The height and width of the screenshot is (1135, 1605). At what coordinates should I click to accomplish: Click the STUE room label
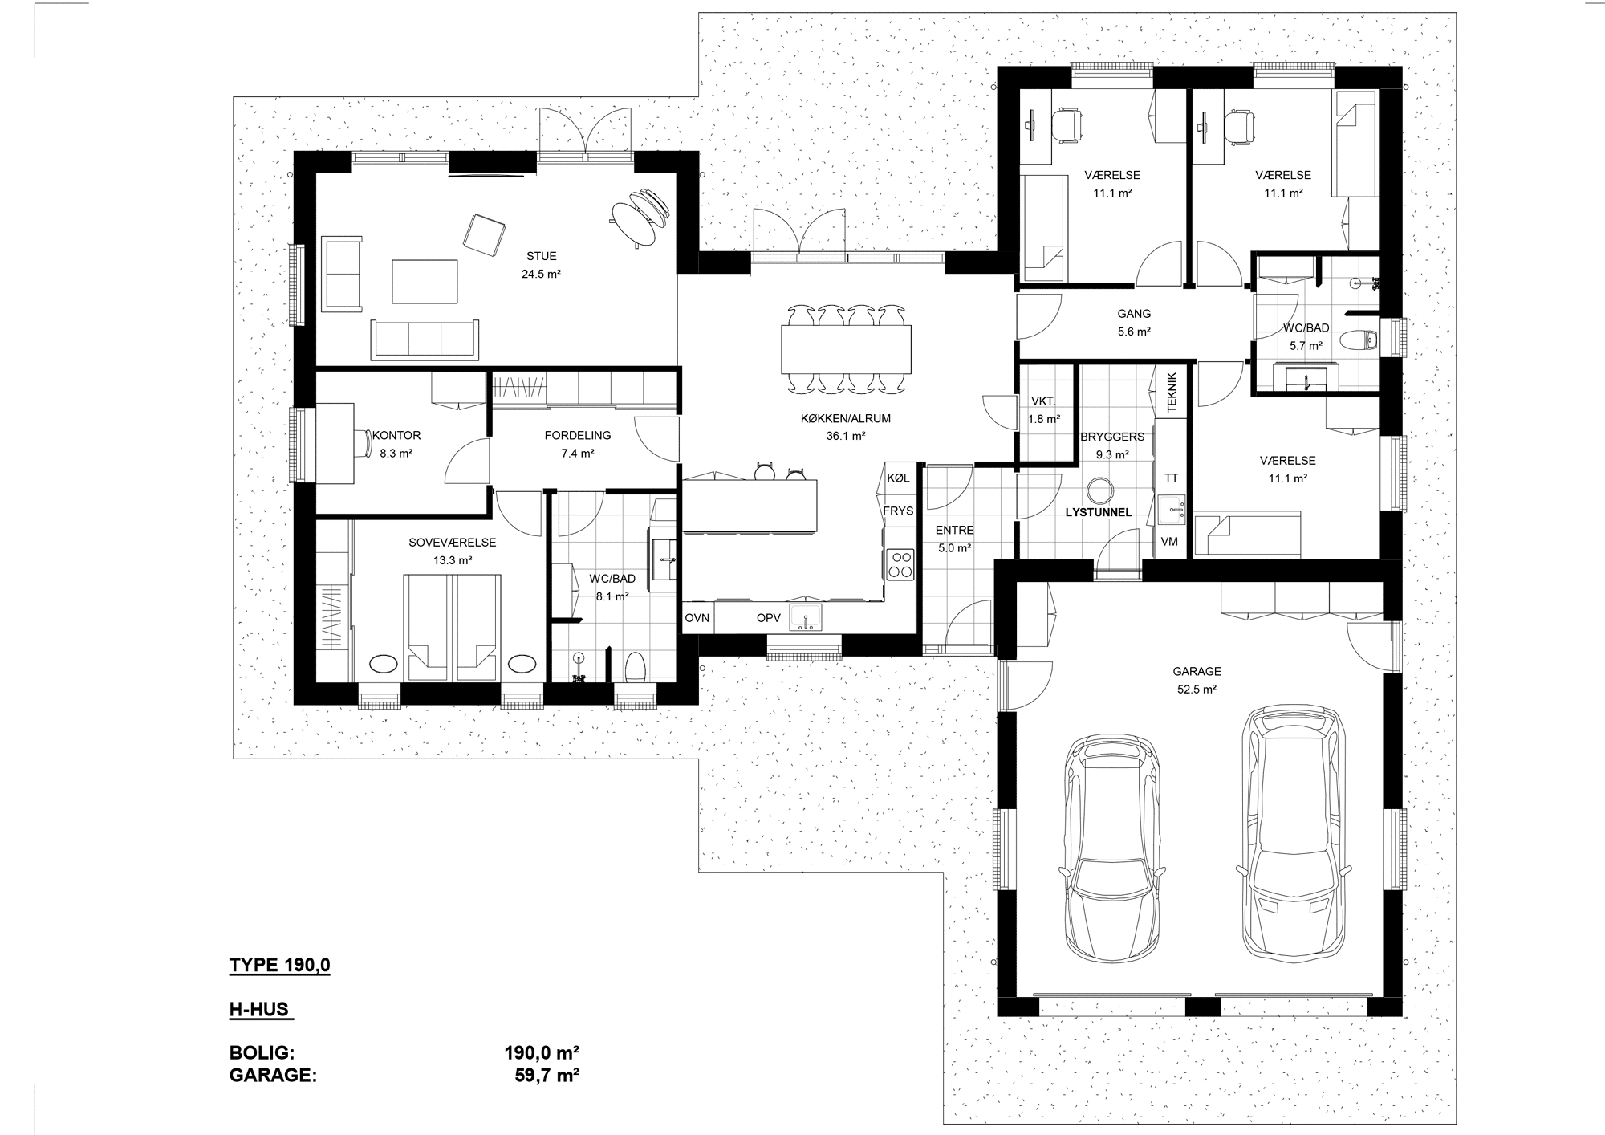[542, 257]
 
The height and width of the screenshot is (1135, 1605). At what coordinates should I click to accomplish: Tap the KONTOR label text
[396, 436]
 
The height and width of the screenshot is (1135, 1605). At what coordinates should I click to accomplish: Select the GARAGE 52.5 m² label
[1197, 680]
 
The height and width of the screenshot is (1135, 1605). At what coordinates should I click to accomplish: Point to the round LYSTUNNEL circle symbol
[1098, 490]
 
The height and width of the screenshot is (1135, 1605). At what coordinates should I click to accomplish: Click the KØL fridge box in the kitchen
[899, 478]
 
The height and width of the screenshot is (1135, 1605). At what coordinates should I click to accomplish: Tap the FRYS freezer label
[898, 511]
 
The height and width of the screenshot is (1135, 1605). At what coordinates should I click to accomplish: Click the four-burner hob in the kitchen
[900, 563]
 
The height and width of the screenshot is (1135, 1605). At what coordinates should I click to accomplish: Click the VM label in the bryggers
[1169, 542]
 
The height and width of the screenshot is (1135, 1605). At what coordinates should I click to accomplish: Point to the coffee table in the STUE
[425, 281]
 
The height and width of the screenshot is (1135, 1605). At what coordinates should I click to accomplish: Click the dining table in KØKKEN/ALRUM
[847, 349]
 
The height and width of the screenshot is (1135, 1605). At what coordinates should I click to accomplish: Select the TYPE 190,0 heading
[279, 966]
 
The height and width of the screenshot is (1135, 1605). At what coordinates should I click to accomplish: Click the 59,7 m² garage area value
[547, 1075]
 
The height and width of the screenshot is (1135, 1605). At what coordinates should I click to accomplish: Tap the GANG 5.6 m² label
[1134, 323]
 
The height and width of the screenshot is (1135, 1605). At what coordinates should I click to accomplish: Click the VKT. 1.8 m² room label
[1044, 410]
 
